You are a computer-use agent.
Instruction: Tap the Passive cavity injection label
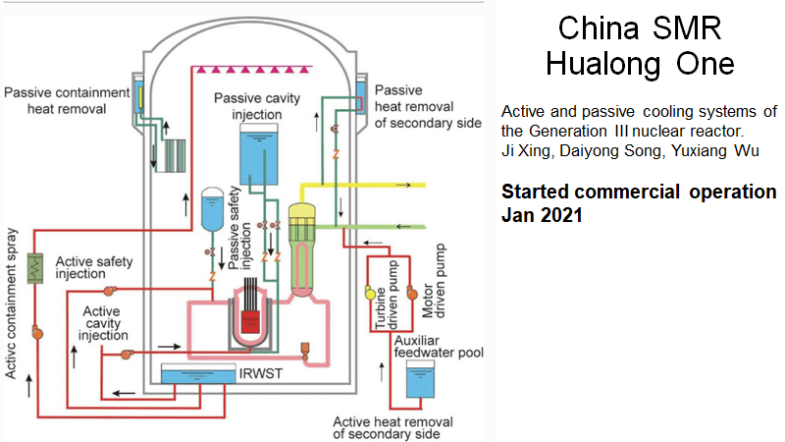pos(258,106)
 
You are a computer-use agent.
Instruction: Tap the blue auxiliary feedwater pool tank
pos(421,383)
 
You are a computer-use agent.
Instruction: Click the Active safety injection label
pos(94,267)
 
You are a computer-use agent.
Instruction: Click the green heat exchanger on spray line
pos(37,268)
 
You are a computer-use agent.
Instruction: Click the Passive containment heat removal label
pos(67,100)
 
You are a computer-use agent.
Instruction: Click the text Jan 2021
pos(541,213)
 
